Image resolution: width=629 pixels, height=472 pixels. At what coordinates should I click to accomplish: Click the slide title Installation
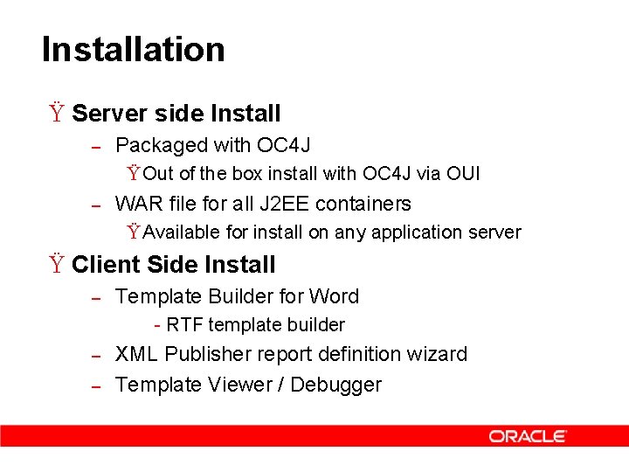(133, 49)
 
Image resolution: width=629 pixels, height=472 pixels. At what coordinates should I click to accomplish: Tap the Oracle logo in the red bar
(528, 436)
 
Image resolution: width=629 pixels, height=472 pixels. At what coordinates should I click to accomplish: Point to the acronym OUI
(462, 173)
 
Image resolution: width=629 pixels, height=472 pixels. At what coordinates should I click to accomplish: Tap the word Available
(182, 233)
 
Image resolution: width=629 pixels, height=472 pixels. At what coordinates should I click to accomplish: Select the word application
(418, 233)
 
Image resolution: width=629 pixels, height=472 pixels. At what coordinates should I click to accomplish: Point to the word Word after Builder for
(334, 296)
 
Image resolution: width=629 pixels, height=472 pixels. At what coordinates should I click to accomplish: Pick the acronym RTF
(184, 325)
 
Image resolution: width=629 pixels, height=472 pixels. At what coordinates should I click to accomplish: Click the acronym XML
(136, 354)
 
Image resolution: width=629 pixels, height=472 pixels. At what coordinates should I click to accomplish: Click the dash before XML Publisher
(98, 356)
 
